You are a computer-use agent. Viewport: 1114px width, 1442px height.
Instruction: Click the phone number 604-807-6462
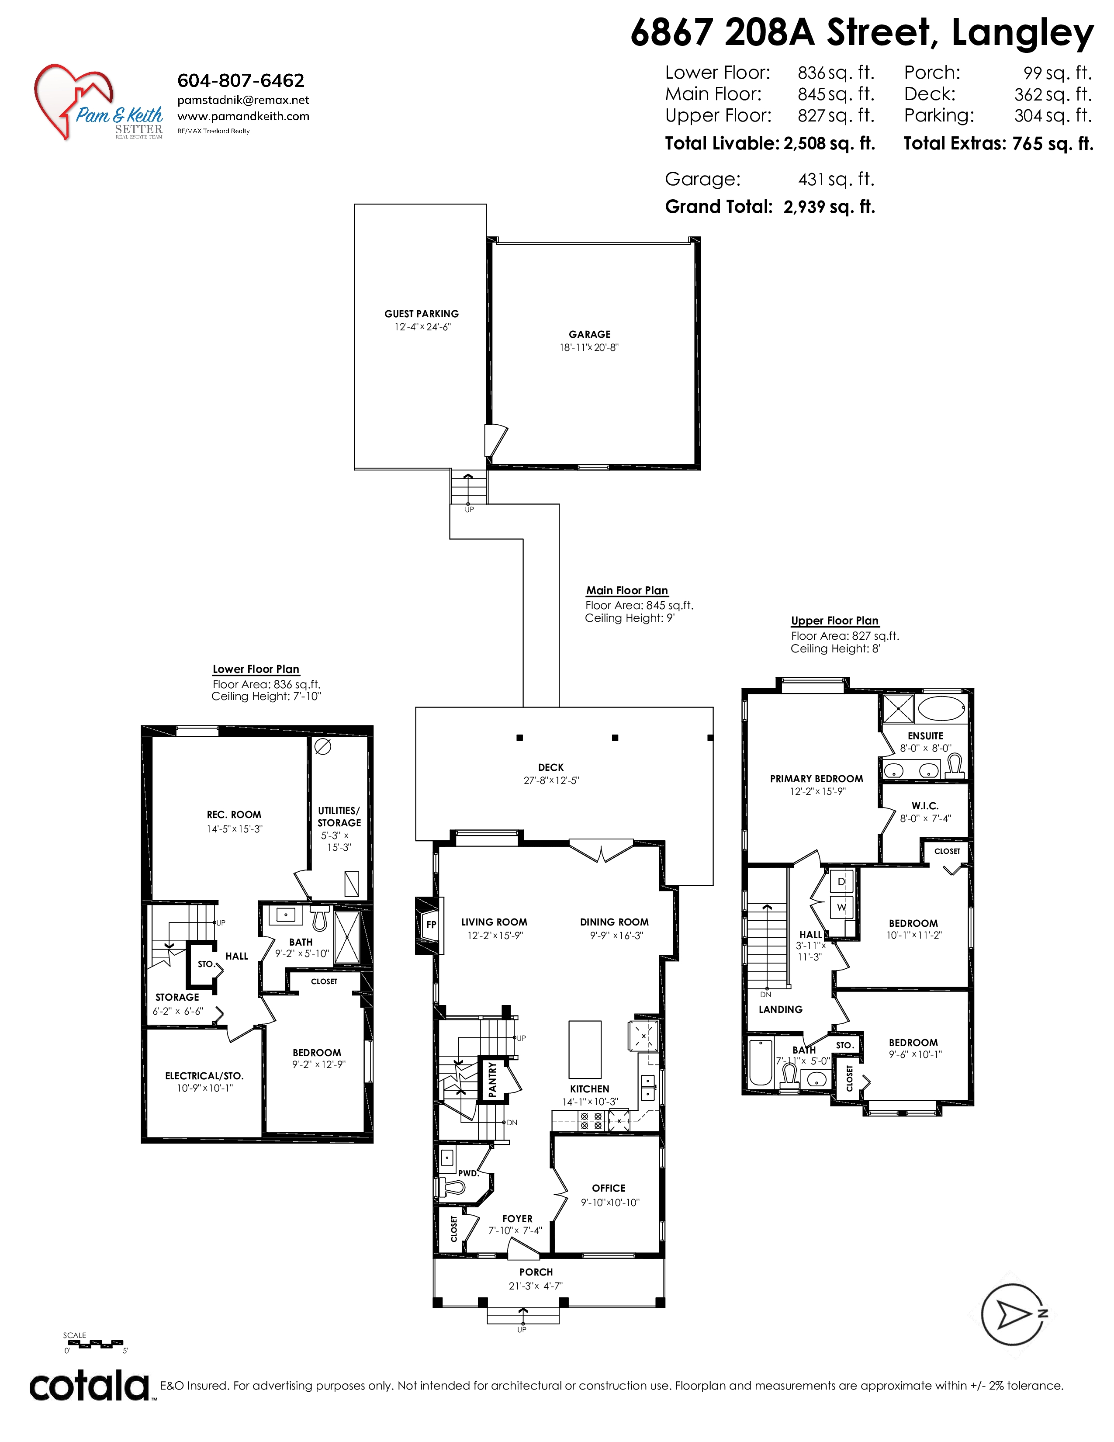[241, 80]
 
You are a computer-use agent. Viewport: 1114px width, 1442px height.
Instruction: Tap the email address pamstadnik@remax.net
[243, 101]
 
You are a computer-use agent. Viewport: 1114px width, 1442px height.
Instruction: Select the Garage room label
[589, 334]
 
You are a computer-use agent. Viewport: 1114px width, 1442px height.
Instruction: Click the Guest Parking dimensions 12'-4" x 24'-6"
[422, 327]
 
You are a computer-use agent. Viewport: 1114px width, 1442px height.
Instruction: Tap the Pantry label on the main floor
[492, 1079]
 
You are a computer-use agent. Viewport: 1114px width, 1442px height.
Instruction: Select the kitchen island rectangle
[585, 1049]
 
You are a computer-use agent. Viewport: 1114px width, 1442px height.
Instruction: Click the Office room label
[609, 1188]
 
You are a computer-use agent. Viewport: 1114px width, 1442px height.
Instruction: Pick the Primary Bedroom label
[816, 778]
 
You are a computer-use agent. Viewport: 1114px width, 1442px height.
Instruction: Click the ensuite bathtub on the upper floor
[942, 708]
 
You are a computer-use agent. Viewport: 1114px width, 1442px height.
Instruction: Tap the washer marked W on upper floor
[841, 907]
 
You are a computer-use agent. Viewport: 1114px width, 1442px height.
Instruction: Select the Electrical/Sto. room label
[204, 1075]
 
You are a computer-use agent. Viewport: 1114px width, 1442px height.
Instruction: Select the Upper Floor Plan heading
[835, 620]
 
